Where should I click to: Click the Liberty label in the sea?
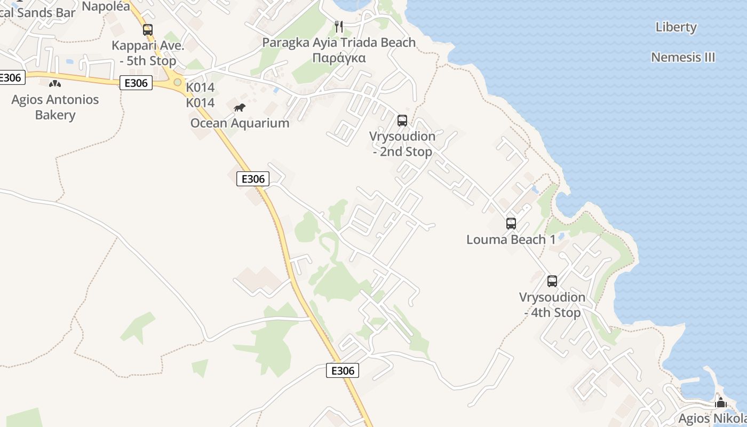(x=676, y=27)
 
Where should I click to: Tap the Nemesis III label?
(x=683, y=57)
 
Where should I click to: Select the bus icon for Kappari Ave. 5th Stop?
(x=148, y=30)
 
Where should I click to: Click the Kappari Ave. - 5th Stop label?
(x=148, y=53)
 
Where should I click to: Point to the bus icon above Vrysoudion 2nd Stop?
(x=402, y=121)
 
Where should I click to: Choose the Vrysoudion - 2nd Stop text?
(x=402, y=144)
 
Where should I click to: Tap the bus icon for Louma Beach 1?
(x=511, y=224)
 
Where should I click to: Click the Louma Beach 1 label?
(x=511, y=239)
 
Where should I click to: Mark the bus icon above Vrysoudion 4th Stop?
(x=552, y=281)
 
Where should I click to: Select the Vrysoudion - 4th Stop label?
(x=552, y=305)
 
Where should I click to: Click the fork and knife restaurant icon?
(x=339, y=26)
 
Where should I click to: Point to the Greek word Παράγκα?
(x=339, y=58)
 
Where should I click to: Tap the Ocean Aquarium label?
(x=240, y=123)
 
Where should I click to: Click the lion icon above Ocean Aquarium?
(x=240, y=108)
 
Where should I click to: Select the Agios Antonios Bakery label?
(x=55, y=107)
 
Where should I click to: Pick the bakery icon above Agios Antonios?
(x=55, y=84)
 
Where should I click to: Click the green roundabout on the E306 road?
(x=177, y=83)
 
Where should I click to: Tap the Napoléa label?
(x=106, y=6)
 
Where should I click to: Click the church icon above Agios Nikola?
(x=721, y=402)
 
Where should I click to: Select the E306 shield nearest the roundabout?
(x=137, y=83)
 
